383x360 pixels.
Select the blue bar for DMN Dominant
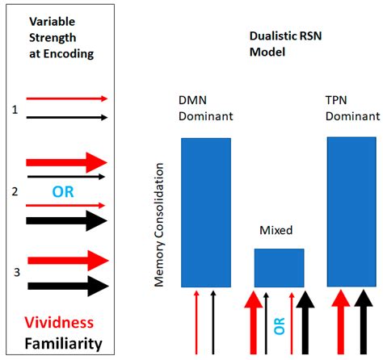click(205, 212)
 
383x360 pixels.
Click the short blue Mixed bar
click(280, 267)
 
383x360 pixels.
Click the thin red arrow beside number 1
click(66, 98)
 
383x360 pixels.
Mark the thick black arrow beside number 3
click(66, 285)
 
